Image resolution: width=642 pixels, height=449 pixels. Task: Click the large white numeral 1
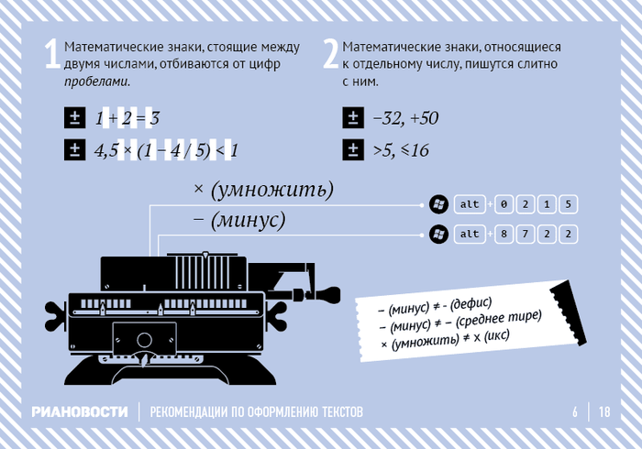pyautogui.click(x=52, y=54)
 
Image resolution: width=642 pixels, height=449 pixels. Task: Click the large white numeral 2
pyautogui.click(x=331, y=54)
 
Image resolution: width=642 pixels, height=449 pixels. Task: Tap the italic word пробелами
pyautogui.click(x=97, y=82)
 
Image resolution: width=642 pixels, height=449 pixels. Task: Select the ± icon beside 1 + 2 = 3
pyautogui.click(x=75, y=118)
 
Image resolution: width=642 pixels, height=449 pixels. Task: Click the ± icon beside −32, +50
pyautogui.click(x=353, y=118)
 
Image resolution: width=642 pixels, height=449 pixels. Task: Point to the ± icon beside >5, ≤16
pyautogui.click(x=353, y=149)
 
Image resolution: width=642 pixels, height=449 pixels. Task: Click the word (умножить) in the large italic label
pyautogui.click(x=272, y=190)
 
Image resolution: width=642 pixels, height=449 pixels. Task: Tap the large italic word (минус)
pyautogui.click(x=249, y=220)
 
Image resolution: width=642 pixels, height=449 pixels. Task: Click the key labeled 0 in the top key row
pyautogui.click(x=504, y=204)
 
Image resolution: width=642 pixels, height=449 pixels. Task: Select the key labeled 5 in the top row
pyautogui.click(x=568, y=204)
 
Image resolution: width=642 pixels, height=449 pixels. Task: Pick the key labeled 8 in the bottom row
pyautogui.click(x=504, y=234)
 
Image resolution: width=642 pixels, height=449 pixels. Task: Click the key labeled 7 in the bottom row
pyautogui.click(x=526, y=234)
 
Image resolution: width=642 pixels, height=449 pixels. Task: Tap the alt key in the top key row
pyautogui.click(x=470, y=204)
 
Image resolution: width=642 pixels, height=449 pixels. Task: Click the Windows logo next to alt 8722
pyautogui.click(x=438, y=235)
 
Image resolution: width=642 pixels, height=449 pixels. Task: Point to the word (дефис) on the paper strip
pyautogui.click(x=470, y=304)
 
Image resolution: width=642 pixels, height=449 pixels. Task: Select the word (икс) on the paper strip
pyautogui.click(x=496, y=337)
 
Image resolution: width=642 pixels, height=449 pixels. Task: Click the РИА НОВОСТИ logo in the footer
pyautogui.click(x=80, y=411)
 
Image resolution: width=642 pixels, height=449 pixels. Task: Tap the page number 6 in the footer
pyautogui.click(x=575, y=411)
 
